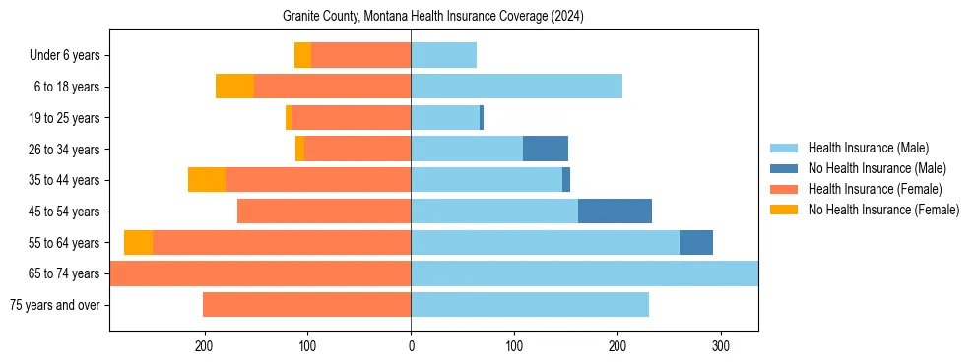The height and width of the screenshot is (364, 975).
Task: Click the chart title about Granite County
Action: tap(433, 17)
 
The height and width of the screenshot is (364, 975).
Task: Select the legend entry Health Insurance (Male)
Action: tap(868, 148)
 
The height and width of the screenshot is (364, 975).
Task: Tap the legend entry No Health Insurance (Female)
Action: tap(883, 210)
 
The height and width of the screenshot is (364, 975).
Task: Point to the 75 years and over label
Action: tap(54, 305)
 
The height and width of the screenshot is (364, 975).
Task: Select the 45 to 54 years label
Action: tap(64, 212)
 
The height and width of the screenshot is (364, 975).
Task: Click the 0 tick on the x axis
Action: tap(411, 345)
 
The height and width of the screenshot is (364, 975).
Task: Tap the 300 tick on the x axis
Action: tap(721, 345)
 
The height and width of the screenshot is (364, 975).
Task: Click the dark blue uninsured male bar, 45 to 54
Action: tap(615, 212)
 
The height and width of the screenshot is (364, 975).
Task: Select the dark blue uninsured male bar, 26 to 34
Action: tap(546, 149)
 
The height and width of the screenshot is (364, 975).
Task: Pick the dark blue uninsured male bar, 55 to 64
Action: tap(696, 242)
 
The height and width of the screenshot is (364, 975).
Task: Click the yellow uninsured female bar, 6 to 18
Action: tap(234, 87)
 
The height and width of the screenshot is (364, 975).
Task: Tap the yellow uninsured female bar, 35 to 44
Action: tap(207, 180)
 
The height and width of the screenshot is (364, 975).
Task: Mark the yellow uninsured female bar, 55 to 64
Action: tap(138, 242)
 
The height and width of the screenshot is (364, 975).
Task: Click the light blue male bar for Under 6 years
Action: tap(443, 56)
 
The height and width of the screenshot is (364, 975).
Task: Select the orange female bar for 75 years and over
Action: tap(306, 305)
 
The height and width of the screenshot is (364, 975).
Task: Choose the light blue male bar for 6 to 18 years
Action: tap(516, 87)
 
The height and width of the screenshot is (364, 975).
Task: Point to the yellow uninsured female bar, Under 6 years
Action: tap(302, 56)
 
